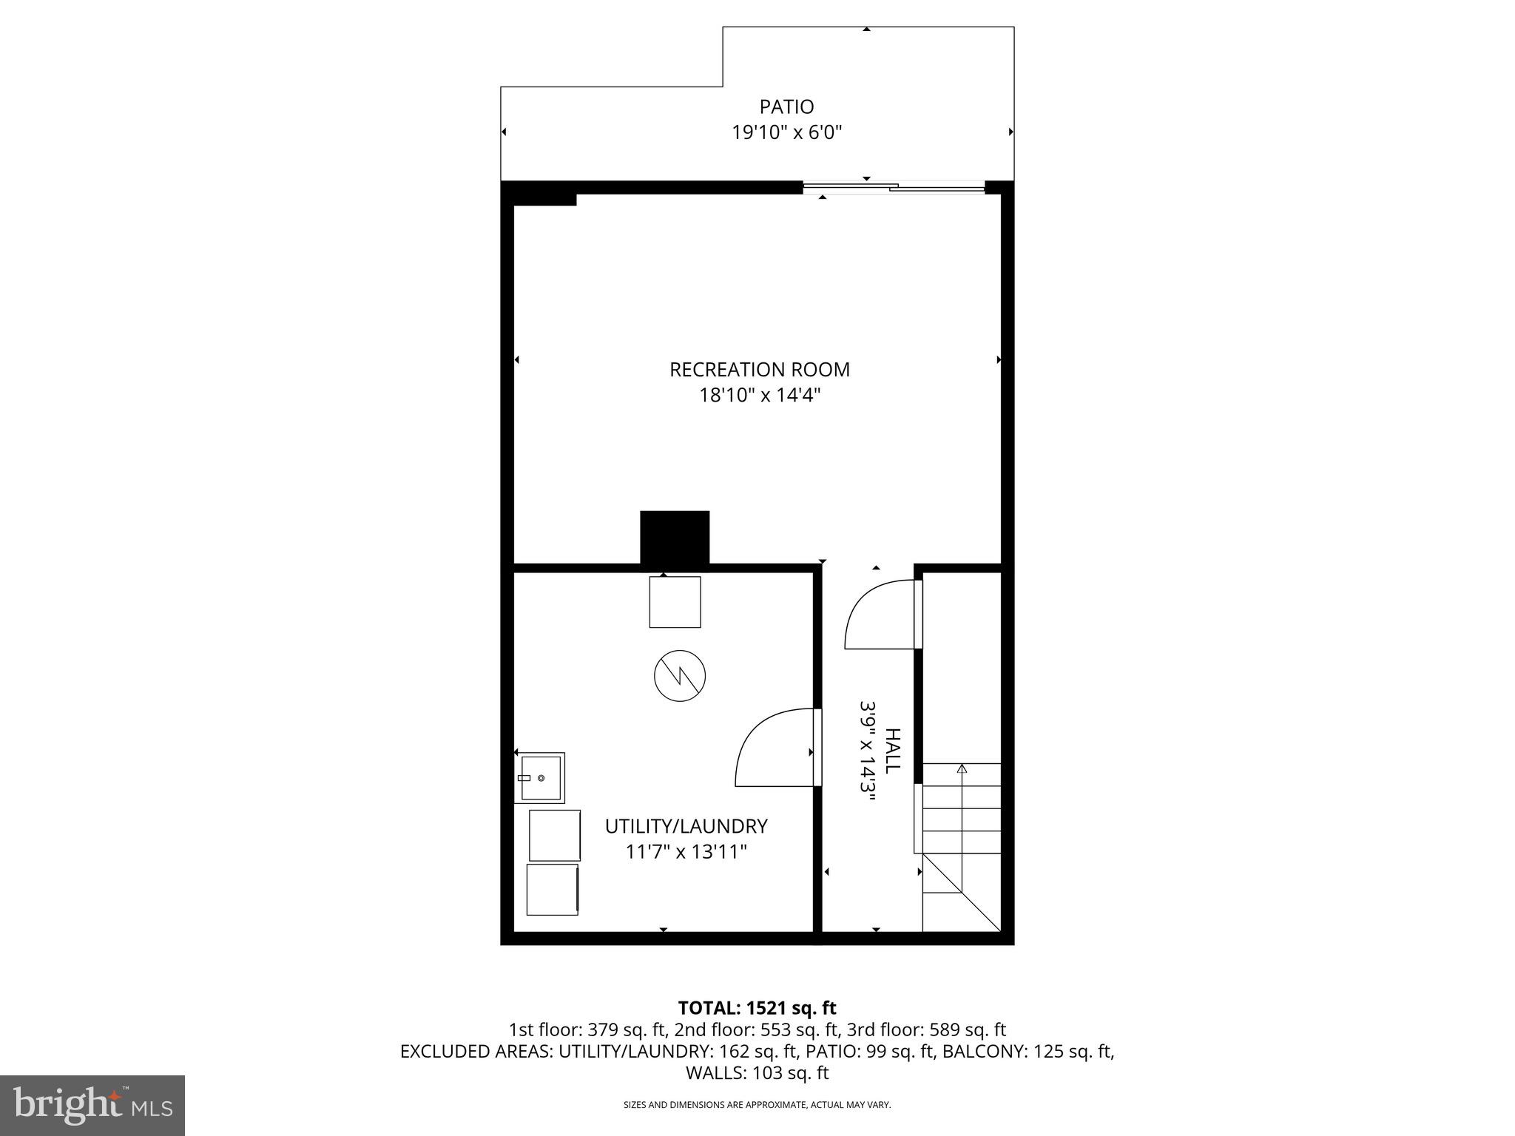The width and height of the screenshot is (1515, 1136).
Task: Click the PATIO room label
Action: (x=786, y=107)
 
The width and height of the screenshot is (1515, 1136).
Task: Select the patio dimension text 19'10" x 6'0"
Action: (x=787, y=133)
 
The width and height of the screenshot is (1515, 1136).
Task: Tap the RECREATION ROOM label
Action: (x=760, y=370)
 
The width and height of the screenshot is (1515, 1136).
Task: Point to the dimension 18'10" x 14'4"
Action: (x=760, y=396)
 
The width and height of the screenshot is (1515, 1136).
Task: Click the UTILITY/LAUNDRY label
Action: (x=686, y=826)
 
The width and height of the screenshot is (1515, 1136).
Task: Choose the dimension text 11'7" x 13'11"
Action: (x=686, y=852)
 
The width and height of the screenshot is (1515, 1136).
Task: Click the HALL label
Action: (x=894, y=751)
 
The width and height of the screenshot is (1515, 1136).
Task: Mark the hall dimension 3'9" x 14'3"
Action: (x=868, y=757)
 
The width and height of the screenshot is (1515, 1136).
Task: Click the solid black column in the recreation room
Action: (x=675, y=538)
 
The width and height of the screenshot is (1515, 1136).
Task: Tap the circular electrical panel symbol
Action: (x=680, y=675)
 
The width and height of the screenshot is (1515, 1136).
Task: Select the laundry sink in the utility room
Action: (x=541, y=778)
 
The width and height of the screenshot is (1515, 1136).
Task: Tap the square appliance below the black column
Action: (x=675, y=602)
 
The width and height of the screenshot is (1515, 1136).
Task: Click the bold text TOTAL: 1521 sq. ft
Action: (x=757, y=1008)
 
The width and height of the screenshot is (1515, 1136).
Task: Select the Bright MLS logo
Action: (x=92, y=1105)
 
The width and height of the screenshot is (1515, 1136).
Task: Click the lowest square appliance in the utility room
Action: (x=553, y=890)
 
